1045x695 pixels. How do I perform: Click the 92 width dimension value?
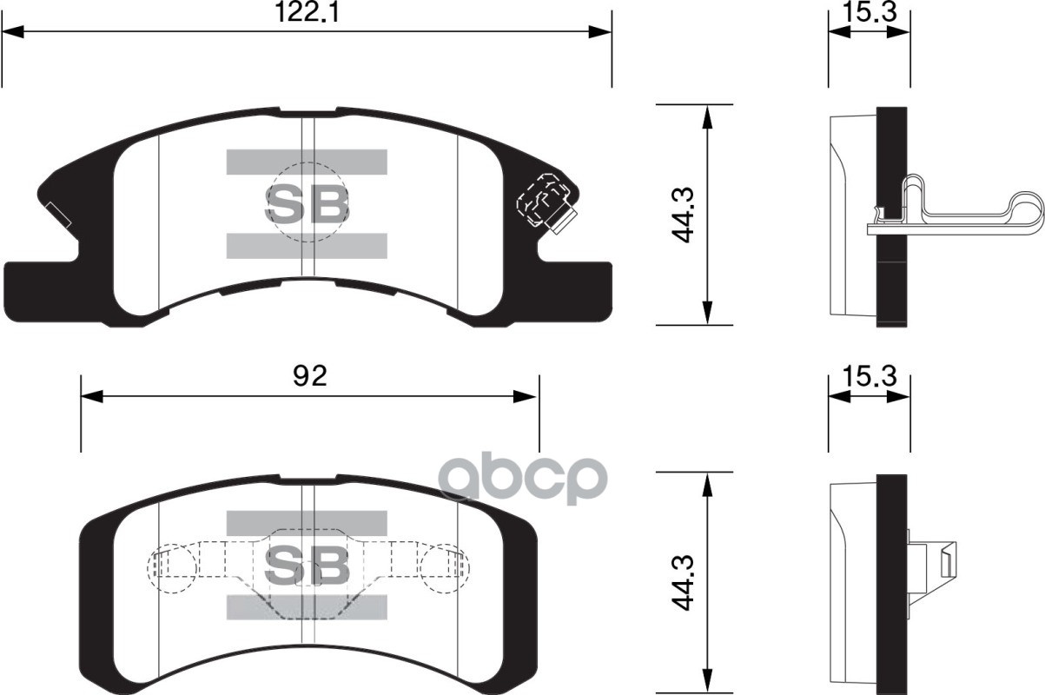coord(309,376)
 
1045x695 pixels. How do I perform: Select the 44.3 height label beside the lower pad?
coord(686,582)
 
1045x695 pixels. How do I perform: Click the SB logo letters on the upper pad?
coord(307,203)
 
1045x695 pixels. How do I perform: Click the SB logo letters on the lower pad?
coord(307,566)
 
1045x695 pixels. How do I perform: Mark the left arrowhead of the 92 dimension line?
coord(91,397)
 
